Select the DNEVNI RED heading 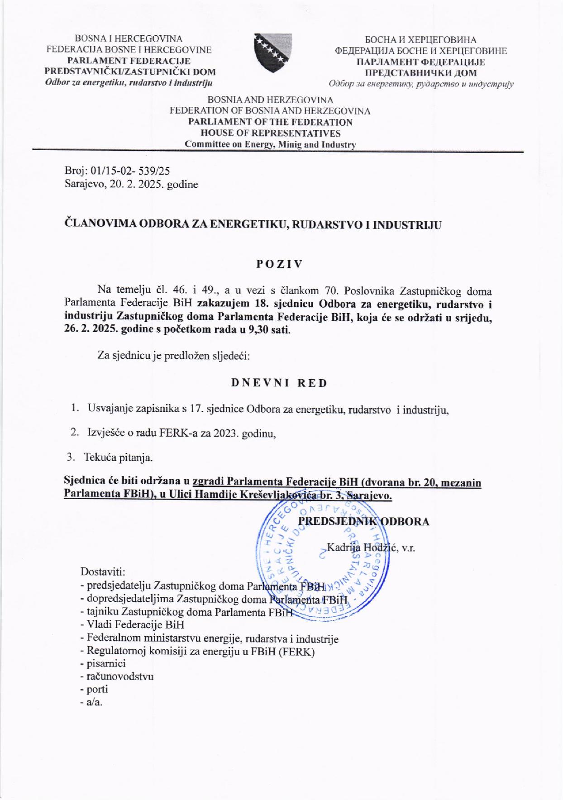pos(279,383)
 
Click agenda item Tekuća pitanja pos(118,457)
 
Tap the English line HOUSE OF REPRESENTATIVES pos(270,133)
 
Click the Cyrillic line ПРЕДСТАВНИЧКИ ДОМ pos(420,73)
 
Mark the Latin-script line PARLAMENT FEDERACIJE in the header pos(129,61)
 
